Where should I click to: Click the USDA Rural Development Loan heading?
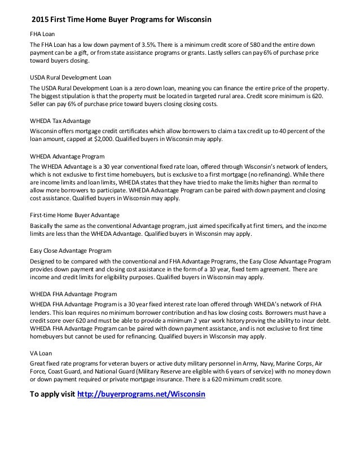click(70, 78)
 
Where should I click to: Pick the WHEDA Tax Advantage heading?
click(60, 121)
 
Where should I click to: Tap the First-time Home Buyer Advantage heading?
click(74, 215)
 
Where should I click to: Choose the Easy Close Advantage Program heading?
click(71, 250)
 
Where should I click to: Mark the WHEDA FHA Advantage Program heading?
click(73, 294)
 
